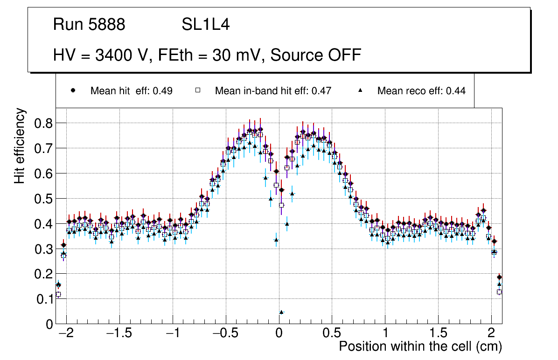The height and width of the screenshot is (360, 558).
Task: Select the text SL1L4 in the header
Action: pyautogui.click(x=205, y=25)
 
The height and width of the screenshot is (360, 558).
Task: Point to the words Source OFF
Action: pyautogui.click(x=316, y=55)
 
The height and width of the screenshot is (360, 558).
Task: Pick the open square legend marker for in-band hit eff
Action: pyautogui.click(x=197, y=91)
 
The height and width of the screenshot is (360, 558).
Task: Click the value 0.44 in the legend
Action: pyautogui.click(x=456, y=91)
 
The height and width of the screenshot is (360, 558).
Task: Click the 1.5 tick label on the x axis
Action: pyautogui.click(x=438, y=334)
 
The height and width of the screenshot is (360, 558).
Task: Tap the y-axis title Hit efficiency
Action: pyautogui.click(x=20, y=145)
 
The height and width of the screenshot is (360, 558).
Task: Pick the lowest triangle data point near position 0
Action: pyautogui.click(x=281, y=312)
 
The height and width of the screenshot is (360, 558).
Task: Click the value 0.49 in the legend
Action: pyautogui.click(x=163, y=91)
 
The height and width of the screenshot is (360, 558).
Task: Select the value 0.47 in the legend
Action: pyautogui.click(x=322, y=91)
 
